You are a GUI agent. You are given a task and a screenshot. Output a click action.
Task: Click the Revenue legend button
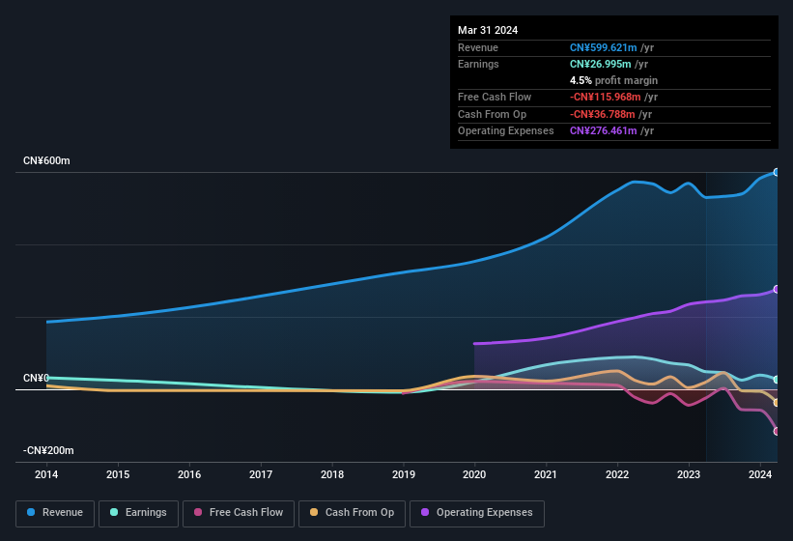click(x=56, y=513)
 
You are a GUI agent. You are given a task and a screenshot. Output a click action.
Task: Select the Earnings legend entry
click(x=138, y=513)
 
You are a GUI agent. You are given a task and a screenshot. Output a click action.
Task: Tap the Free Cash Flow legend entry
click(x=239, y=513)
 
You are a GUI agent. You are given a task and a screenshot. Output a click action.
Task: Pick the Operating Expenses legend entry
click(x=476, y=513)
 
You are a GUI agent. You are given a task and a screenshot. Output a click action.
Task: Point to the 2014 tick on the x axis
click(x=46, y=474)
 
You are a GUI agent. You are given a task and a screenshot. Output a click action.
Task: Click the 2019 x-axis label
click(x=404, y=474)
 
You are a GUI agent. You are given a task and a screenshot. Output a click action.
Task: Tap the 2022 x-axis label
click(x=617, y=474)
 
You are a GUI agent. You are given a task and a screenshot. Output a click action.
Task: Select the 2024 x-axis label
click(x=760, y=474)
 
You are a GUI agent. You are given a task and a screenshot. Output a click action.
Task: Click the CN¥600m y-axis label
click(x=47, y=160)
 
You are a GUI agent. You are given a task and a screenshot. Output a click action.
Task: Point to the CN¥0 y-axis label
click(x=37, y=378)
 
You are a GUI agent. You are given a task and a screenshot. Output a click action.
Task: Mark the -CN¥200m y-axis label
click(x=48, y=450)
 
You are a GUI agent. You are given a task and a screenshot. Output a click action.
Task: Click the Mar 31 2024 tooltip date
click(x=488, y=30)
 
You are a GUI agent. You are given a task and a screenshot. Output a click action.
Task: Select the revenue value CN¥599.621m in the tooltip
click(x=603, y=47)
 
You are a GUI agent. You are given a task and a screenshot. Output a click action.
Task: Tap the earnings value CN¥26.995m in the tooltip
click(x=599, y=64)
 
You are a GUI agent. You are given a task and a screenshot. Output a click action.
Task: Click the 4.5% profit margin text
click(x=613, y=80)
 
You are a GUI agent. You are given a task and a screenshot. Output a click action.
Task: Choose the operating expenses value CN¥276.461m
click(x=603, y=130)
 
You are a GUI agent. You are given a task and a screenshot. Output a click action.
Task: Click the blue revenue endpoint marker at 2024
click(x=777, y=172)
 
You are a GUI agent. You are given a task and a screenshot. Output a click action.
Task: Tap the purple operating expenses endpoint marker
click(x=777, y=290)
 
